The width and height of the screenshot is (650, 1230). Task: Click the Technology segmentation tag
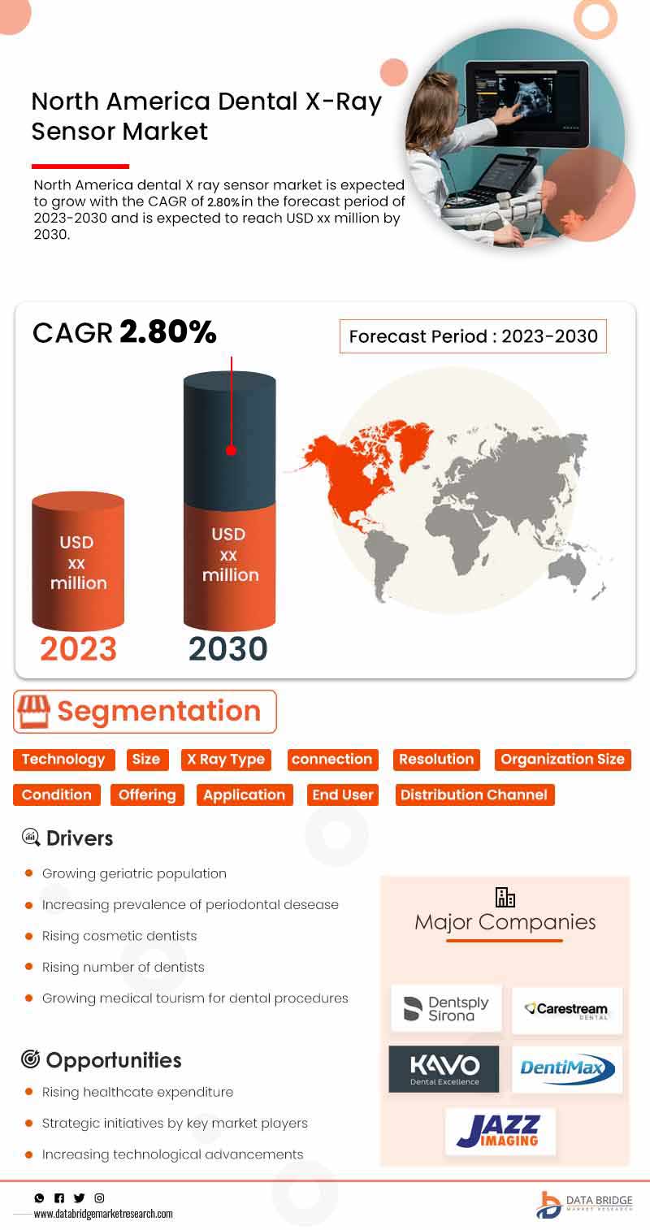tap(63, 760)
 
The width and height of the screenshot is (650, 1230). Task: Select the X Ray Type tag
tap(225, 760)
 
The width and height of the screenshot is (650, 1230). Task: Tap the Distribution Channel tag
tap(474, 795)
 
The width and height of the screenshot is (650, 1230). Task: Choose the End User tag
tap(343, 795)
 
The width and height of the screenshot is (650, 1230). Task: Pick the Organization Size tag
tap(562, 760)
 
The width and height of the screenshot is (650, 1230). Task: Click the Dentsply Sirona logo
tap(446, 1008)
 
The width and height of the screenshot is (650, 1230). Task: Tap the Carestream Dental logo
tap(567, 1010)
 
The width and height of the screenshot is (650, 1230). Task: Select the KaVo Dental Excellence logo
tap(444, 1068)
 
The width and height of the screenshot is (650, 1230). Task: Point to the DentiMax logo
tap(567, 1068)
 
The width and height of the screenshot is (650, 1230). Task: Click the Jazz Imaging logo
tap(500, 1130)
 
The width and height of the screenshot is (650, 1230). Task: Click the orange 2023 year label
tap(78, 649)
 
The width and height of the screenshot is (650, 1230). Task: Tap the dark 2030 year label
tap(227, 649)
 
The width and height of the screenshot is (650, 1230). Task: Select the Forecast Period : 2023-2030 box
tap(473, 336)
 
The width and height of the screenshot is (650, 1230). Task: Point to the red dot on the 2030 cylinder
tap(232, 450)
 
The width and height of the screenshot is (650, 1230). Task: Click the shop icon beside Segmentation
tap(34, 712)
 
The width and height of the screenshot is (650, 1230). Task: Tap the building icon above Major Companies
tap(505, 897)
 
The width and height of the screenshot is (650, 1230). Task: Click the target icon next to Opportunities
tap(30, 1059)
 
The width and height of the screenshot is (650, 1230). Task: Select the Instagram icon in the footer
tap(99, 1198)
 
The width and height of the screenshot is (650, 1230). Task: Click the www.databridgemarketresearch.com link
tap(103, 1214)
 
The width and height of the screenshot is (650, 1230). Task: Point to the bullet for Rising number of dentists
tap(28, 967)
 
